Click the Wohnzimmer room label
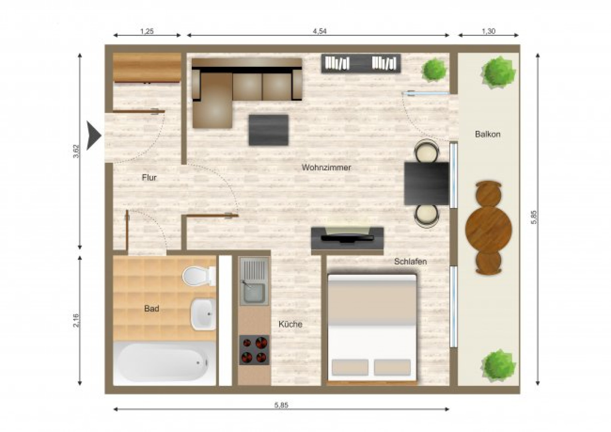(x=326, y=167)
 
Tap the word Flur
(x=149, y=178)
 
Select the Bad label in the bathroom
(x=151, y=309)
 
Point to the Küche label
(x=290, y=324)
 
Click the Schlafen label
(x=410, y=261)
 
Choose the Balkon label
(x=488, y=134)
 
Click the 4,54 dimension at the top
(x=320, y=31)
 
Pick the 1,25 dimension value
(x=147, y=31)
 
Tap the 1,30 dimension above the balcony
(x=488, y=31)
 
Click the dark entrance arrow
(x=94, y=136)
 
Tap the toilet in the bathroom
(x=199, y=276)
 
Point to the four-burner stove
(x=254, y=350)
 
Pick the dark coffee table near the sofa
(x=268, y=130)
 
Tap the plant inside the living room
(x=434, y=69)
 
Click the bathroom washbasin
(x=203, y=314)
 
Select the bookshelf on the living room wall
(x=361, y=64)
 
